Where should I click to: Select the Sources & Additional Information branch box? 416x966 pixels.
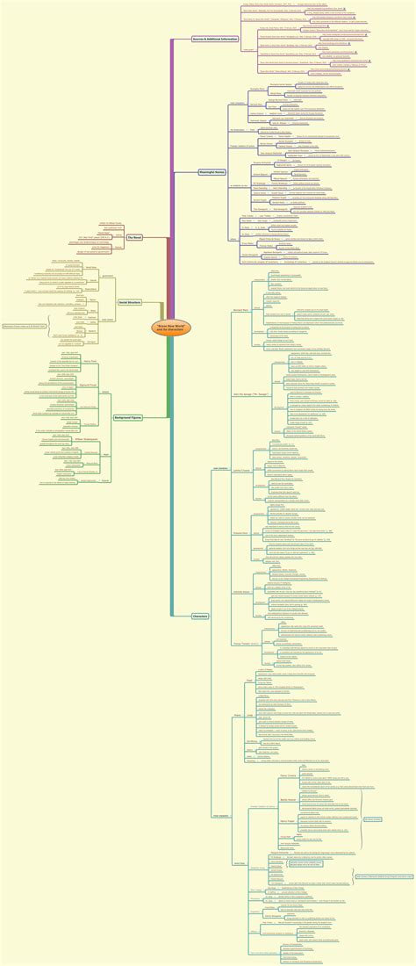(x=215, y=40)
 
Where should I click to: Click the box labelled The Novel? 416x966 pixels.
(x=134, y=237)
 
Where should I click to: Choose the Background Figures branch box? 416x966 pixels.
(x=129, y=418)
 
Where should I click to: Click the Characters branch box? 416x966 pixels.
(x=200, y=616)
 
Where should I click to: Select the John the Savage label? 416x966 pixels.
(x=244, y=394)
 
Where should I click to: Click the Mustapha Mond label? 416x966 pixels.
(x=240, y=532)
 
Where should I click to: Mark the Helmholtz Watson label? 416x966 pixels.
(x=239, y=591)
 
